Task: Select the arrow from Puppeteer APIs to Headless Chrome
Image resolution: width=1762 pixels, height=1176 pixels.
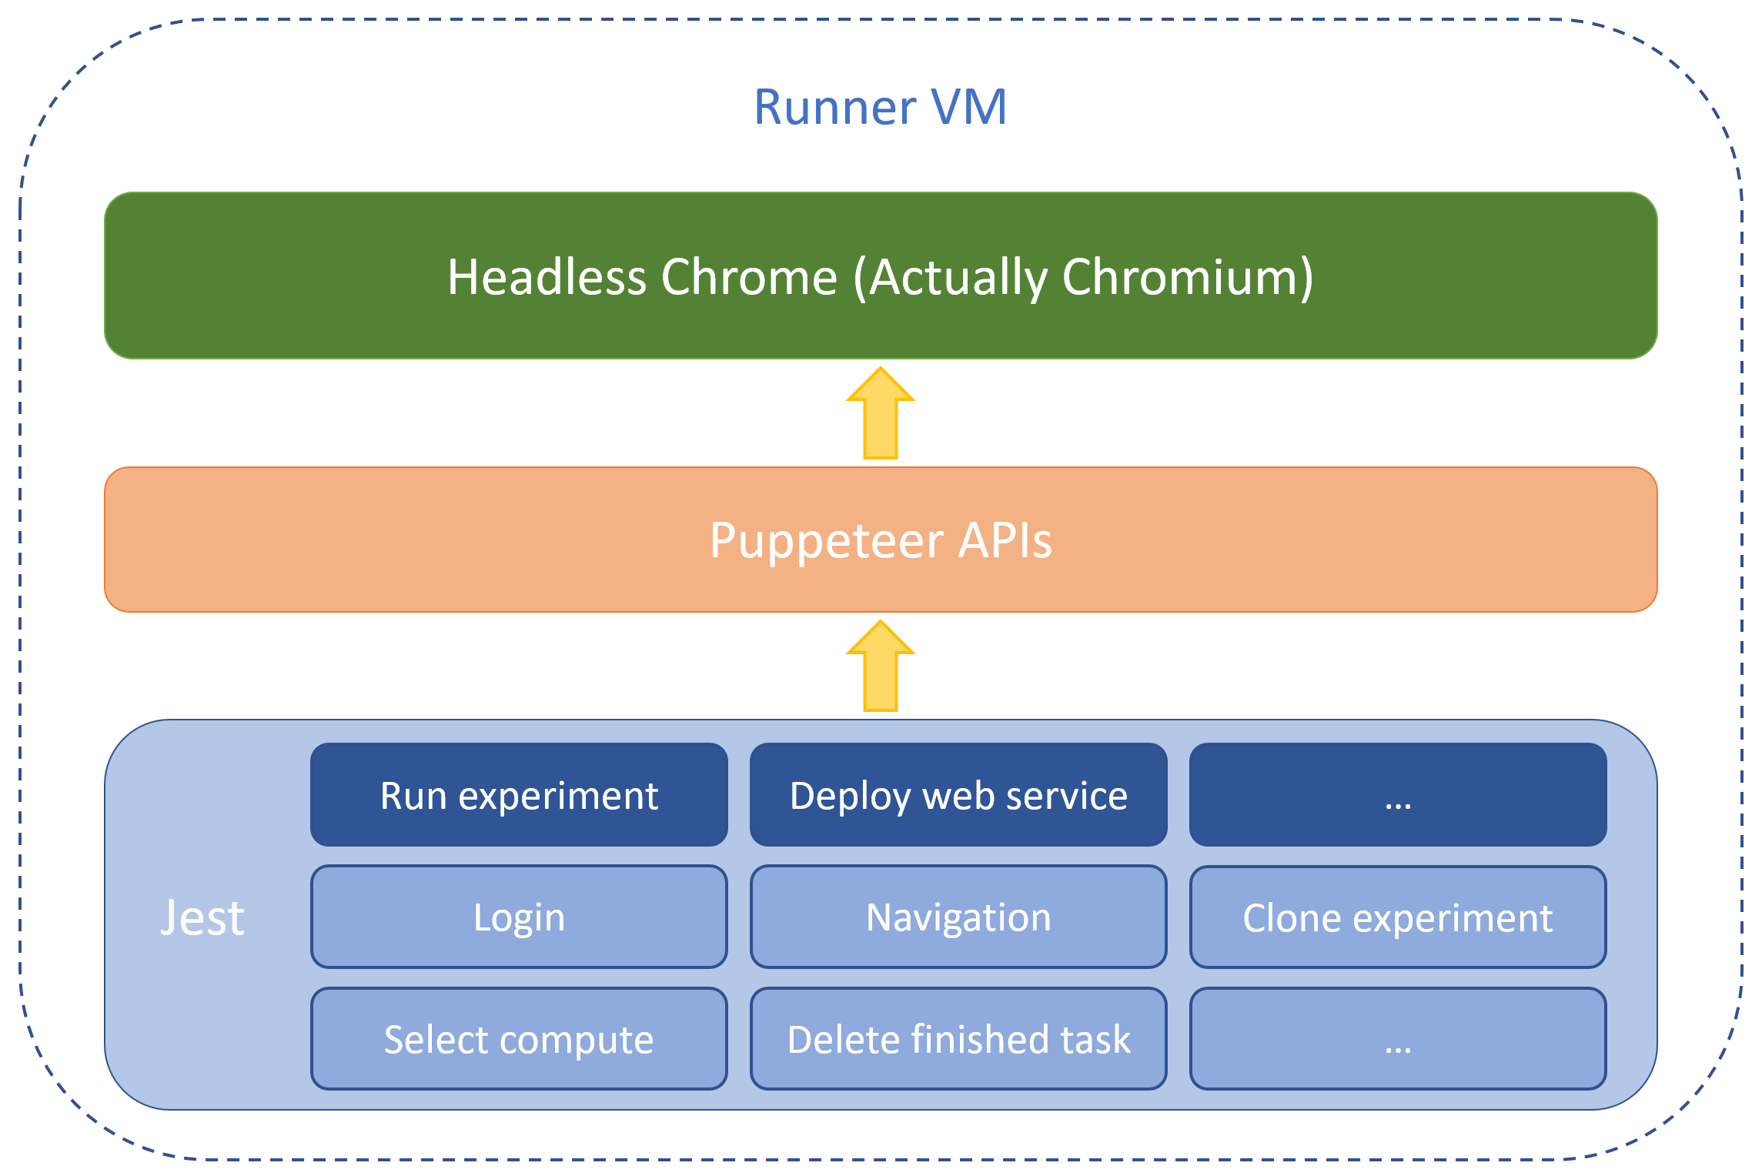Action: pyautogui.click(x=880, y=413)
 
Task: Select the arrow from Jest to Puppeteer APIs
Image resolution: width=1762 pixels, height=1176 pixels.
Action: pyautogui.click(x=880, y=667)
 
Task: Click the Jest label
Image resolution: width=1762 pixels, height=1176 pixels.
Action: pyautogui.click(x=202, y=917)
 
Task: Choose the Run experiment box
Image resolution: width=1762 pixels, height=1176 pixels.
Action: pyautogui.click(x=519, y=795)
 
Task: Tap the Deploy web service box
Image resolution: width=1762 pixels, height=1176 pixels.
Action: pyautogui.click(x=958, y=795)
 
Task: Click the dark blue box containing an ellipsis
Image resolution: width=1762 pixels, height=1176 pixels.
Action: pyautogui.click(x=1397, y=795)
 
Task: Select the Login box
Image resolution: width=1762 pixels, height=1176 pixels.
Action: pyautogui.click(x=519, y=917)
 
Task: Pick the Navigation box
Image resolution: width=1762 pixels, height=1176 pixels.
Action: pyautogui.click(x=958, y=917)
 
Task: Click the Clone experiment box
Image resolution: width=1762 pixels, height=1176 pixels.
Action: pyautogui.click(x=1397, y=917)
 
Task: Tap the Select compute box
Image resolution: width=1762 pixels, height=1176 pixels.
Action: pyautogui.click(x=519, y=1039)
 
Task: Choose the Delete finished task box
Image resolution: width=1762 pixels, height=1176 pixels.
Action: pyautogui.click(x=958, y=1039)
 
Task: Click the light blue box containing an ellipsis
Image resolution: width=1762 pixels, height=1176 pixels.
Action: pyautogui.click(x=1397, y=1039)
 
